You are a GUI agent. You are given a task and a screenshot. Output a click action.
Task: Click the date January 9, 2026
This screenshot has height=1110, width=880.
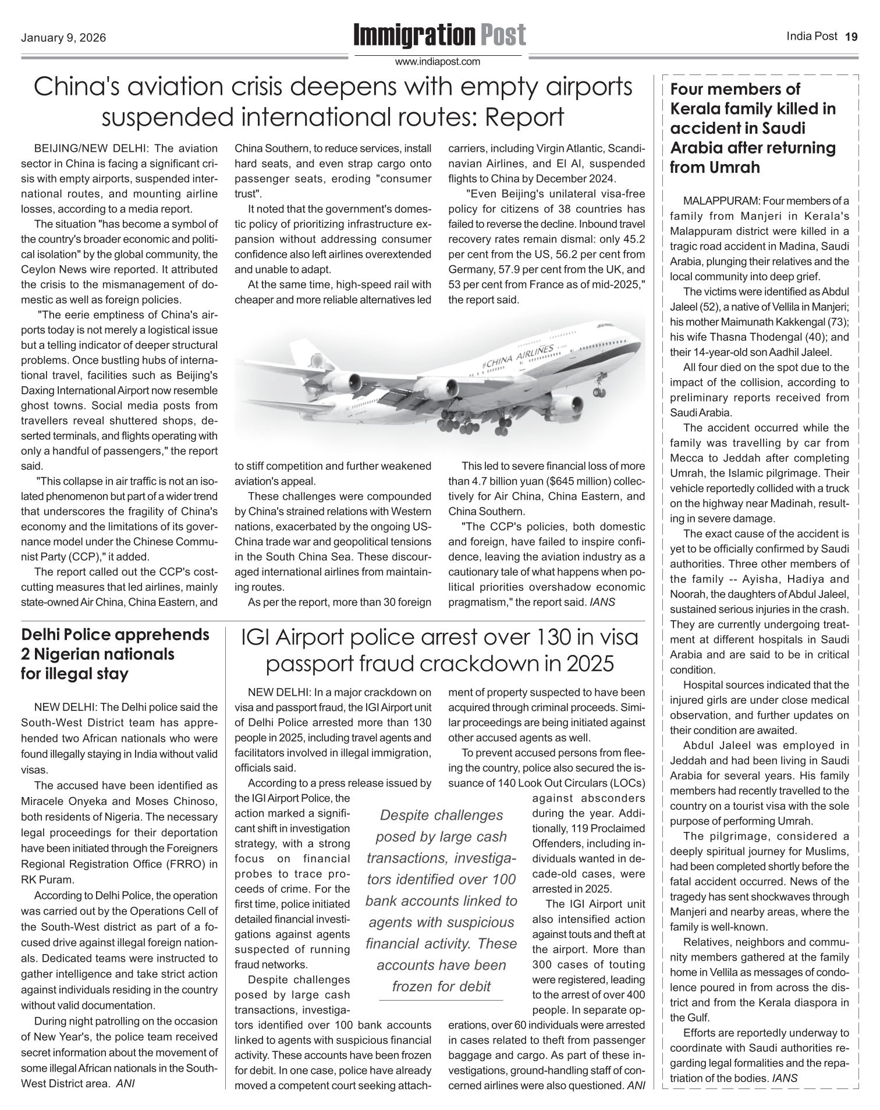[x=63, y=38]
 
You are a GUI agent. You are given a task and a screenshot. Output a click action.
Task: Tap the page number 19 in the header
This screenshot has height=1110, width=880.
[x=851, y=37]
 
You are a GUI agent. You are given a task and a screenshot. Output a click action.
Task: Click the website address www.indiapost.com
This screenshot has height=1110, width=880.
[x=438, y=61]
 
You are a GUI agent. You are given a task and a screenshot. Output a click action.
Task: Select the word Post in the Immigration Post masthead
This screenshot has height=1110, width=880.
[x=502, y=35]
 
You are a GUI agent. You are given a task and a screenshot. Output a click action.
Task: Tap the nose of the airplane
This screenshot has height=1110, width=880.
[x=640, y=343]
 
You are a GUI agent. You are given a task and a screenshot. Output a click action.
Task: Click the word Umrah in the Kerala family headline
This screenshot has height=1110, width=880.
[x=730, y=168]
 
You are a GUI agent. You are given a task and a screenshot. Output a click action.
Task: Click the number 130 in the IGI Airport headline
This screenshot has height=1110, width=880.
[x=562, y=638]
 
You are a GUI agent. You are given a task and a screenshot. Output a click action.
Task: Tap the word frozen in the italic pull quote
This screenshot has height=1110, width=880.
[x=412, y=986]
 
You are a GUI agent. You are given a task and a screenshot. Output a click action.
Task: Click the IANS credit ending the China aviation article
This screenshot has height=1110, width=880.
[x=602, y=602]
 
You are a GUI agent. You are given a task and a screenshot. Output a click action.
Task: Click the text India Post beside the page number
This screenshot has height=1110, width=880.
[x=812, y=37]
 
